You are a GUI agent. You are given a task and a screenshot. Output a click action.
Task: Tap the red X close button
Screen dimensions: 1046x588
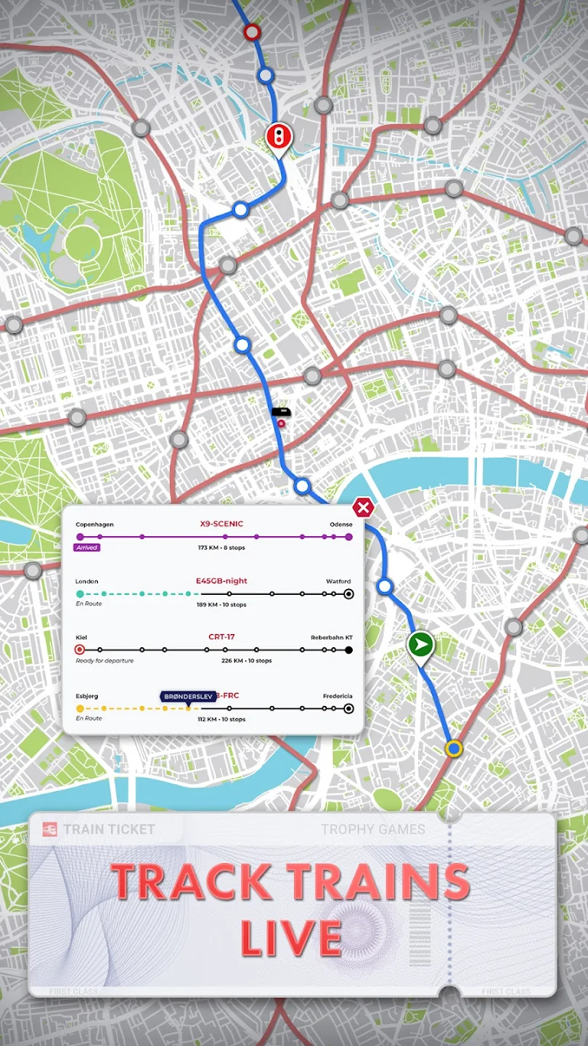(362, 507)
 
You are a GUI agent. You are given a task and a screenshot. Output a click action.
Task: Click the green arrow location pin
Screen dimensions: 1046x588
(420, 645)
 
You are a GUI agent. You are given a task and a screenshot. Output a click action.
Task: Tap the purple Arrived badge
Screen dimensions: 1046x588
(87, 548)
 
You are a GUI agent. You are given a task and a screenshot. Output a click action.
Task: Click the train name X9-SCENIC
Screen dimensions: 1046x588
(221, 524)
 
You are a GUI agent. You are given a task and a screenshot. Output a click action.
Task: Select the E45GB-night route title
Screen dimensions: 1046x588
(221, 580)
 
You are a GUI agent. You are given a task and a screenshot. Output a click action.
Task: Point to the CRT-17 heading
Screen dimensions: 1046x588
(221, 637)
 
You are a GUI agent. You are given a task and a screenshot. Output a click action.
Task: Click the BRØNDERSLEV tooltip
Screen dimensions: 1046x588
(187, 697)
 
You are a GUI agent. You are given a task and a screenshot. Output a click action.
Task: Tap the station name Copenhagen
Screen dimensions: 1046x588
(94, 524)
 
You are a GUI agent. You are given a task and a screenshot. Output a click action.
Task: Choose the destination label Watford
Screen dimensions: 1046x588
(338, 581)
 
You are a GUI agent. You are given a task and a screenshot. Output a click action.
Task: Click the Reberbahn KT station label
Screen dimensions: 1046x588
(332, 638)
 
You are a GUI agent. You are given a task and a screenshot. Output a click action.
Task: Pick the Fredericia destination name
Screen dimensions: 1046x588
(338, 696)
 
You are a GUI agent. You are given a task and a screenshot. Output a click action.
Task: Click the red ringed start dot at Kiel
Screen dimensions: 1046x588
(80, 649)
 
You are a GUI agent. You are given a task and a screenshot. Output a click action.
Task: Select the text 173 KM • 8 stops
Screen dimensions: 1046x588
(221, 548)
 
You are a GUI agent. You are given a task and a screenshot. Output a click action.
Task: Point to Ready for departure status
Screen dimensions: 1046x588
(105, 661)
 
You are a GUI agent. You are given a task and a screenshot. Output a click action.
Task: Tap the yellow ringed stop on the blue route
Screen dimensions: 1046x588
(454, 747)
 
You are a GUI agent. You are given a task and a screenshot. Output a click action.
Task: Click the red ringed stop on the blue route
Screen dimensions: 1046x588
(252, 32)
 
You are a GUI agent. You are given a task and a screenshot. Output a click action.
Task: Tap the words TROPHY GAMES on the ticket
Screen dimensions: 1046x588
(373, 829)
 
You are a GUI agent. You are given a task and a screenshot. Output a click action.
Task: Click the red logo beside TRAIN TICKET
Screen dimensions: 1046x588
(50, 829)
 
